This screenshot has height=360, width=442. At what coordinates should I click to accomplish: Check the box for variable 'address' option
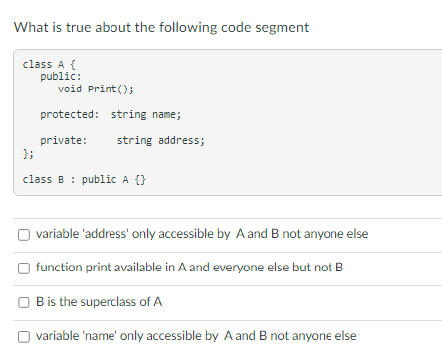(x=23, y=235)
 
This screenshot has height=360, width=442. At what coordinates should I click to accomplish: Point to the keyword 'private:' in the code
(x=63, y=141)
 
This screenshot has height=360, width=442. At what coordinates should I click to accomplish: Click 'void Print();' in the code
(x=96, y=90)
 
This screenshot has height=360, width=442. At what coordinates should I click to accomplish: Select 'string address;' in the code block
(x=161, y=141)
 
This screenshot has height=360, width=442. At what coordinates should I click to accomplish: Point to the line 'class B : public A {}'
(x=85, y=180)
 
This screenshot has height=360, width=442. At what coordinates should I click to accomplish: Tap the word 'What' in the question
(x=32, y=27)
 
